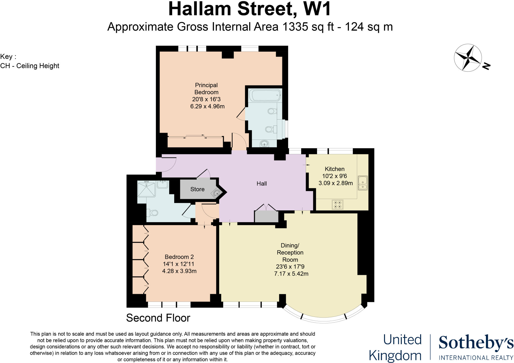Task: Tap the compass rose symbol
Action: pos(468,58)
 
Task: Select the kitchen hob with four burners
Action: pos(337,204)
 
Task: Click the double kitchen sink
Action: pos(363,183)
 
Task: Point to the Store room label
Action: pos(197,189)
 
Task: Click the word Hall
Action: pos(262,184)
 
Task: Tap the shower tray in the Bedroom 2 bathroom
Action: pos(146,189)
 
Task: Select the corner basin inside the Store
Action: pos(217,193)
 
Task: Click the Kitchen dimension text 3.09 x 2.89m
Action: pos(336,183)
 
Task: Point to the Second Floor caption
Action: pos(158,318)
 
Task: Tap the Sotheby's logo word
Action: pos(476,343)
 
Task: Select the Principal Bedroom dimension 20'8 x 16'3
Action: pos(206,99)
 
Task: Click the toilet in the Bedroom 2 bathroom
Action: pos(153,213)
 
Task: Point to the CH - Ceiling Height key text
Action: pos(30,66)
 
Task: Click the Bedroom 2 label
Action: pos(179,257)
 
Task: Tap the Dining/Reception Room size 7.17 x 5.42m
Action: pos(291,274)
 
